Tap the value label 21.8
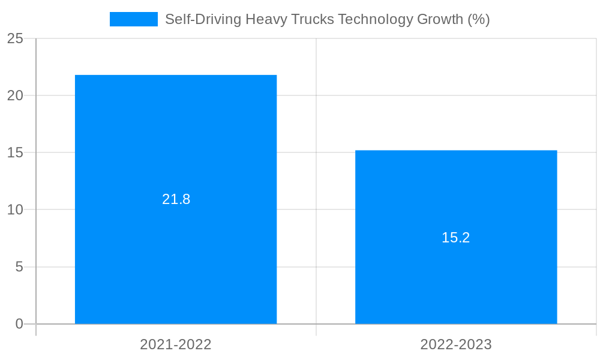176,199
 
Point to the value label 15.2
456,238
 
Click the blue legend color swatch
133,19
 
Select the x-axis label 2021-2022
176,344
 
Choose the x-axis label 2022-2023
456,344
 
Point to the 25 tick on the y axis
15,39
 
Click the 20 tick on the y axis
15,95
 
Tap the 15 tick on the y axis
15,152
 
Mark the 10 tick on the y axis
15,209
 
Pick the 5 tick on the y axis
19,266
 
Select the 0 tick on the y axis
19,324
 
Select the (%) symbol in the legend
479,19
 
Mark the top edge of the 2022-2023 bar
456,151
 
